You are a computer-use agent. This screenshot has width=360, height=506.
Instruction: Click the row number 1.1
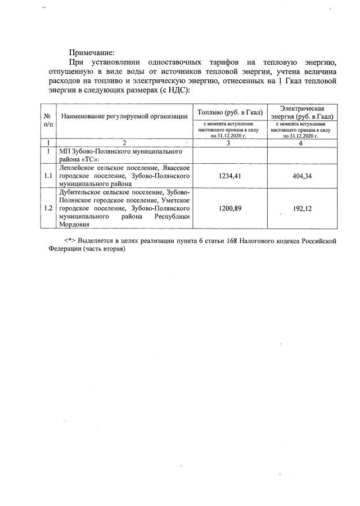(x=48, y=176)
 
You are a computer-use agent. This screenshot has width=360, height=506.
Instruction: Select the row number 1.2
(x=48, y=208)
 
